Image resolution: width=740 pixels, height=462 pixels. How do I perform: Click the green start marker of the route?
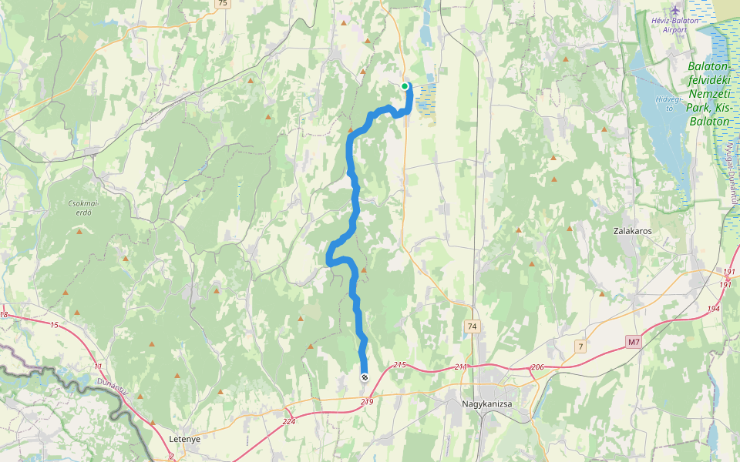coord(405,86)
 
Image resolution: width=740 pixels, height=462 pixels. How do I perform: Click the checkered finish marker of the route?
coord(364,377)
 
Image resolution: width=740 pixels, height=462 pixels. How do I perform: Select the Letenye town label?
coord(184,439)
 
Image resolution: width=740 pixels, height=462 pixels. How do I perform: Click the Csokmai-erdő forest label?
coord(74,208)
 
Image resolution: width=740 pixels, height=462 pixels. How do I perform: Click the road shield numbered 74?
coord(473,327)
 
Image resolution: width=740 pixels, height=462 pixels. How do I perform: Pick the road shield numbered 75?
coord(223,4)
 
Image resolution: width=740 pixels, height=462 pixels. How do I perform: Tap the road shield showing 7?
coord(580,347)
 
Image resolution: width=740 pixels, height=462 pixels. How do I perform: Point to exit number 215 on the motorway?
coord(399,364)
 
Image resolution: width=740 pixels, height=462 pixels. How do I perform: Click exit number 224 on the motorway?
coord(289,421)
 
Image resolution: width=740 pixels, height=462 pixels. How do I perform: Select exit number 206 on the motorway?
coord(538,367)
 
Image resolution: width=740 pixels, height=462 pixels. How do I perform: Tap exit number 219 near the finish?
coord(367,402)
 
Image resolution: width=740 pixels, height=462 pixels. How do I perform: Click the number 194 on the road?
coord(713,308)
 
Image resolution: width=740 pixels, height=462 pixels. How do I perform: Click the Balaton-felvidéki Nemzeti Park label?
coord(709,93)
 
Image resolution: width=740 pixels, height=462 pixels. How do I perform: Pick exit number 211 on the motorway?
coord(461,367)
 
